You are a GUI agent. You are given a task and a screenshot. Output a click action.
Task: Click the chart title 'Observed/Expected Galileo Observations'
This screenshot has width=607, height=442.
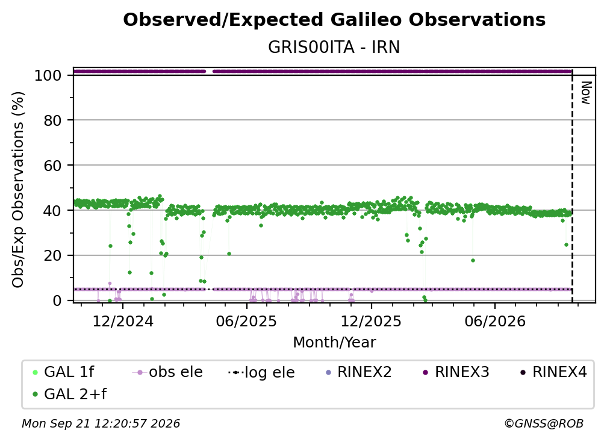click(334, 20)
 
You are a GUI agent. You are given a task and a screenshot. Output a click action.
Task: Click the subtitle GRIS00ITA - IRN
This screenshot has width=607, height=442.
click(334, 48)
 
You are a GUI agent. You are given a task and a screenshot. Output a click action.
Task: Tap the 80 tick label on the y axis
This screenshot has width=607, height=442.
click(52, 120)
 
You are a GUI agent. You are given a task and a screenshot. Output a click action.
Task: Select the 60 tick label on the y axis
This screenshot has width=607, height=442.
click(52, 166)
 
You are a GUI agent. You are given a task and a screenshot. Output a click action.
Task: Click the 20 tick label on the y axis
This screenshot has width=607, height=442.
click(52, 256)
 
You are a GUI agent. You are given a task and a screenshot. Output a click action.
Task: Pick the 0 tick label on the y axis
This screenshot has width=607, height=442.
click(57, 300)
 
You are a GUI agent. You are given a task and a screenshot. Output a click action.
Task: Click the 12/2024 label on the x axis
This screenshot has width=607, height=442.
click(123, 321)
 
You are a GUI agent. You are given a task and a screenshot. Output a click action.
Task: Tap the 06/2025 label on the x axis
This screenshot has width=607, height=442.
click(247, 321)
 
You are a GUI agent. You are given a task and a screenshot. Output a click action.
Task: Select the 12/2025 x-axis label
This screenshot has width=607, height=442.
click(371, 321)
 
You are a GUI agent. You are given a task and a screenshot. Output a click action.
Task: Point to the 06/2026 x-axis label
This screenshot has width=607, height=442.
click(495, 321)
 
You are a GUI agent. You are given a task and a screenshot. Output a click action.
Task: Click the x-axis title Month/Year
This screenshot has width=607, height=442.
click(334, 342)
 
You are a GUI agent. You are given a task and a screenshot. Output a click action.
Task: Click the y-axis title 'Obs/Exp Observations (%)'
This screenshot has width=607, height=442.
click(18, 189)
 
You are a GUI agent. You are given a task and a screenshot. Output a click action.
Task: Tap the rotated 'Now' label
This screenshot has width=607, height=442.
click(586, 93)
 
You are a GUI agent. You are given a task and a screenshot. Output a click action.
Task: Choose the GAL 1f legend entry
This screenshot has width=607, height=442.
click(63, 372)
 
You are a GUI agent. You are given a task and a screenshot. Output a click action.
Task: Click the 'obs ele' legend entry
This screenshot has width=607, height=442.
click(167, 372)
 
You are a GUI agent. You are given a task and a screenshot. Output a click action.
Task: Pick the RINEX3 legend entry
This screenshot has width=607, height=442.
click(456, 372)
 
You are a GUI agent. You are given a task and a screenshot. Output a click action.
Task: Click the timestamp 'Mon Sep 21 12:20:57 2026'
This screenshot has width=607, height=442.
click(101, 423)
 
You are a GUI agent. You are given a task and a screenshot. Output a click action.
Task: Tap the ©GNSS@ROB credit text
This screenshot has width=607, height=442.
click(544, 423)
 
